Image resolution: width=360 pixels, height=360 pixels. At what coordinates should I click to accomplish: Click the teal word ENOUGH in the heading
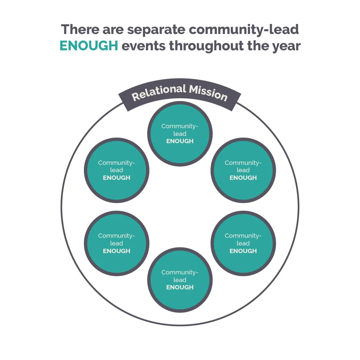[89, 46]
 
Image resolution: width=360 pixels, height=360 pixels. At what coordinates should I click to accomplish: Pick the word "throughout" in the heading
[206, 46]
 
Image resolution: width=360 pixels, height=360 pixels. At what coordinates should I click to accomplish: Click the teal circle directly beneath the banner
[180, 133]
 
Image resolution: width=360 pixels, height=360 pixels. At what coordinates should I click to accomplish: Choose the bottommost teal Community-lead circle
[180, 280]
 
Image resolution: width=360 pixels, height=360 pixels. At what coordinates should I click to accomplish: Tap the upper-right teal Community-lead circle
[243, 170]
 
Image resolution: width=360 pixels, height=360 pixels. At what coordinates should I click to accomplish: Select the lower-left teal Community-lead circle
[117, 243]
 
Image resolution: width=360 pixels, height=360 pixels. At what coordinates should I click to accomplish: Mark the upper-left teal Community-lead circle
[117, 170]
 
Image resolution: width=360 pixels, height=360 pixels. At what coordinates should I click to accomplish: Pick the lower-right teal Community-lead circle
[243, 243]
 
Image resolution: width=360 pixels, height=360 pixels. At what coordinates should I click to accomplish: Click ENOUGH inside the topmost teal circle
[180, 141]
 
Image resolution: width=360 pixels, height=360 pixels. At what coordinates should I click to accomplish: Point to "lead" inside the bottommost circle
[180, 280]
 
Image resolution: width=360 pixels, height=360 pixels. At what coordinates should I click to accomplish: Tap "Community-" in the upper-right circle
[243, 163]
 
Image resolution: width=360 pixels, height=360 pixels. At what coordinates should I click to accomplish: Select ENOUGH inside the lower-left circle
[117, 251]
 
